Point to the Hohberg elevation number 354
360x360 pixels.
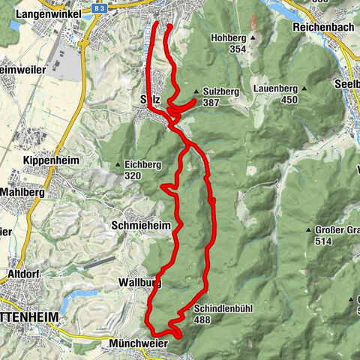click(x=238, y=49)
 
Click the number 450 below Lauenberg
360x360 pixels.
click(x=289, y=100)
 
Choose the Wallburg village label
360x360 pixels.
click(x=139, y=283)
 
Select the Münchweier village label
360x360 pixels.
click(x=133, y=342)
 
